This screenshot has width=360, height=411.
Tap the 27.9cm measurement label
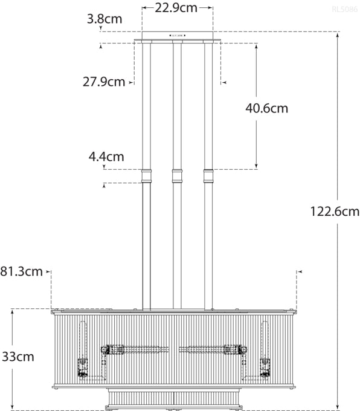(x=104, y=82)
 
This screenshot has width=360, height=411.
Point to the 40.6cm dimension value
(x=267, y=109)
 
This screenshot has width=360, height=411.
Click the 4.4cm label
(x=106, y=157)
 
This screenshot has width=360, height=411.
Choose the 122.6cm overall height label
(x=335, y=212)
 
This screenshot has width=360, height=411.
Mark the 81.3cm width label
(x=22, y=271)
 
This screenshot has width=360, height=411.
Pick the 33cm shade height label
(x=17, y=357)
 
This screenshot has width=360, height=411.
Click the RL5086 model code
(x=344, y=9)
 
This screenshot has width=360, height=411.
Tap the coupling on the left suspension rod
(x=146, y=176)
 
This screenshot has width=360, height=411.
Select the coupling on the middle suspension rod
(x=178, y=176)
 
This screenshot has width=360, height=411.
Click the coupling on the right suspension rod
(x=209, y=176)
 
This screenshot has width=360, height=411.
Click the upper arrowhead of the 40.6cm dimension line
(x=257, y=45)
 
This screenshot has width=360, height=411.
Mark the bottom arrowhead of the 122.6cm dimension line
(x=337, y=407)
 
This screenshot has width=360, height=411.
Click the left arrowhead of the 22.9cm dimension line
(x=144, y=8)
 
